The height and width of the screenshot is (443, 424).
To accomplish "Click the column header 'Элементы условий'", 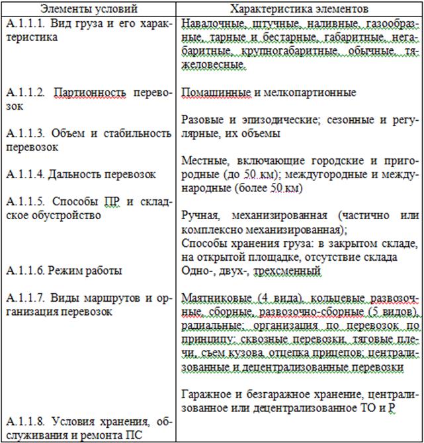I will (91, 9).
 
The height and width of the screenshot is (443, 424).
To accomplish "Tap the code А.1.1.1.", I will (24, 24).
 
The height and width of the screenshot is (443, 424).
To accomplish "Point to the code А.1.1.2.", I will (24, 92).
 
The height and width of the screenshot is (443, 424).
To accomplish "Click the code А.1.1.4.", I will (24, 174).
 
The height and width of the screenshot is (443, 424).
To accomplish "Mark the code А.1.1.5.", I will (24, 201).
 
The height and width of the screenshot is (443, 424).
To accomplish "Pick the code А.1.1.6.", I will (24, 271).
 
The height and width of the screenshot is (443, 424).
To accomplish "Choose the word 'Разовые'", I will (199, 119).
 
